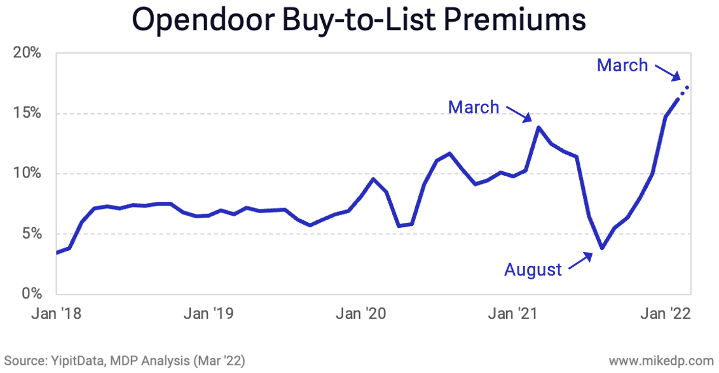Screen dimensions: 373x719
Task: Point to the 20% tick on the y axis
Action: point(27,53)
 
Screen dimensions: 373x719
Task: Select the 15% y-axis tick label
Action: point(27,113)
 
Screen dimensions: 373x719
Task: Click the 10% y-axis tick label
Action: point(27,174)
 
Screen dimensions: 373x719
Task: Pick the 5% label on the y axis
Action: point(31,234)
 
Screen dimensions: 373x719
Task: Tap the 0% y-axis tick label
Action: point(31,294)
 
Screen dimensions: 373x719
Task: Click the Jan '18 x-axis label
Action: point(57,314)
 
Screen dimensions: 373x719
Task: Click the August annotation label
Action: point(533,270)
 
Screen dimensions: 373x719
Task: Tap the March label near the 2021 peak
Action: point(474,107)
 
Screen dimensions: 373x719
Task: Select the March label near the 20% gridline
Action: point(622,65)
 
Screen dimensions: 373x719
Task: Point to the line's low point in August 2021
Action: point(601,248)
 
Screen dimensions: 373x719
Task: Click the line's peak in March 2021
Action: point(538,127)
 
